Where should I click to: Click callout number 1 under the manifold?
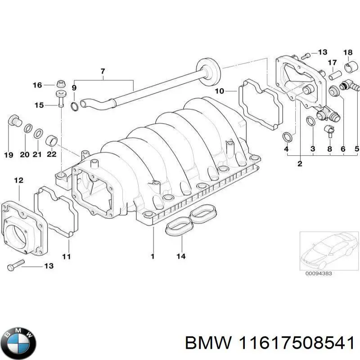click(153, 256)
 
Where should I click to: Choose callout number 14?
click(181, 257)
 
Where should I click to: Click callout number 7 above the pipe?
click(103, 71)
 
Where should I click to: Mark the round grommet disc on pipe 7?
click(209, 72)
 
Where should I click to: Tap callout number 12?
click(18, 180)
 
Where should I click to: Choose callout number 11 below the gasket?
click(67, 256)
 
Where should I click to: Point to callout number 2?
click(300, 164)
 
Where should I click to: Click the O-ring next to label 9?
click(75, 106)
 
